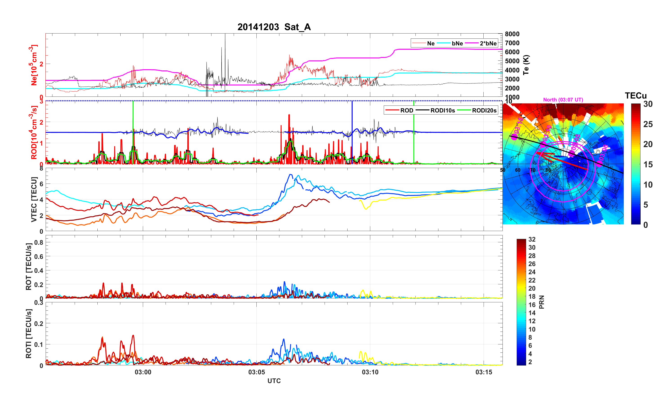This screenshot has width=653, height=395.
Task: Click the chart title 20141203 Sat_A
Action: coord(274,27)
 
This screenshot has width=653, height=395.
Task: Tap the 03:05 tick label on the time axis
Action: coord(256,372)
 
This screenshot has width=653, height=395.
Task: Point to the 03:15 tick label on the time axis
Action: coord(483,372)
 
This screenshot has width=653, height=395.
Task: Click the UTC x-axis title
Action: coord(274,381)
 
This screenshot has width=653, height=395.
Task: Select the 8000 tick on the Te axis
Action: coord(512,34)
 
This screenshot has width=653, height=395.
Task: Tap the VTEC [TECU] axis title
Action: coord(34,199)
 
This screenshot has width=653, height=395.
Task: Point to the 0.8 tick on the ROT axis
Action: coord(39,242)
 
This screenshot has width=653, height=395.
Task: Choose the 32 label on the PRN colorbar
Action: coord(532,239)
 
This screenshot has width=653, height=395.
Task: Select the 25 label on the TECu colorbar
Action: coord(648,124)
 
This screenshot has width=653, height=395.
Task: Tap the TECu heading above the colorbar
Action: coord(635,96)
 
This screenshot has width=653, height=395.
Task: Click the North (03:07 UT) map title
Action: coord(563,100)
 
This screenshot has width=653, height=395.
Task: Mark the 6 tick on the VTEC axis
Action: coord(41,184)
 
